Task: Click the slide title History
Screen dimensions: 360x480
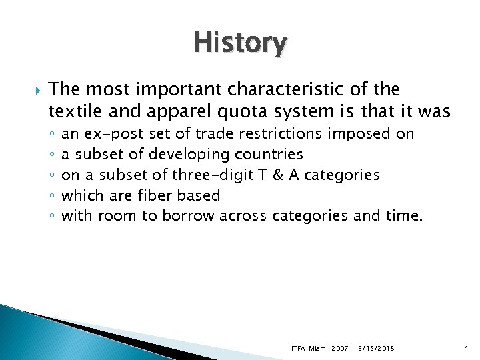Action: pyautogui.click(x=241, y=43)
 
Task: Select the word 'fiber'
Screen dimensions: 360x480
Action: pyautogui.click(x=155, y=195)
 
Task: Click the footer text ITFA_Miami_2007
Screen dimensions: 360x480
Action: pyautogui.click(x=319, y=349)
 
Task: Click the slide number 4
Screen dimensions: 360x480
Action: pyautogui.click(x=466, y=349)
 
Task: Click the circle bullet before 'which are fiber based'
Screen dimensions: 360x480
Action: pyautogui.click(x=52, y=196)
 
